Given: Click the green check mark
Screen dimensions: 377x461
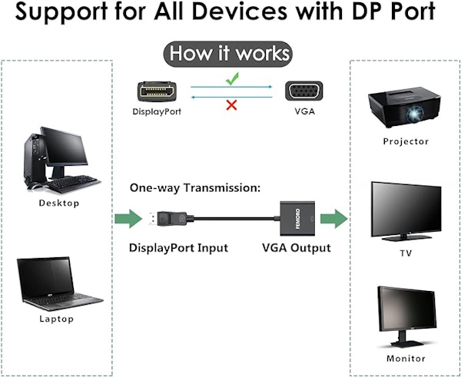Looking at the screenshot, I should point(231,78).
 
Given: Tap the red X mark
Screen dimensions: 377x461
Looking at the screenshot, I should point(230,104).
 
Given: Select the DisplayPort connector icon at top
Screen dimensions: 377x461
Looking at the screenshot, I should point(159,91).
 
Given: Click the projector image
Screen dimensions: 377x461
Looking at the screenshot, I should point(405,110).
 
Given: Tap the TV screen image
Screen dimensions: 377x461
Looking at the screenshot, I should point(406,207).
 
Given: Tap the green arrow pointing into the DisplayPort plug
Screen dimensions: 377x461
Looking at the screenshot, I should point(128,220).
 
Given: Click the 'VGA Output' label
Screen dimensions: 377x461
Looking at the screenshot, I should point(296,248).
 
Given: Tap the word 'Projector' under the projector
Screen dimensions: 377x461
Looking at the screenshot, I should point(406,142).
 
